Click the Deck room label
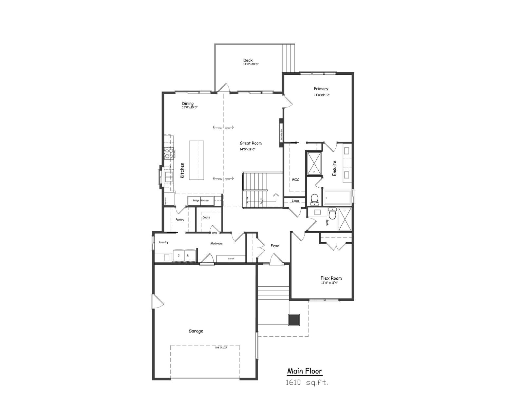248,60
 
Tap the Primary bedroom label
321,89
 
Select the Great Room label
251,143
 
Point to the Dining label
188,103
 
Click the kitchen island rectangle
196,160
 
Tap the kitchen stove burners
169,153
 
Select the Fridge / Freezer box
201,200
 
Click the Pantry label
180,220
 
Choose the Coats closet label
206,217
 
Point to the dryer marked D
178,255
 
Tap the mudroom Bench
231,259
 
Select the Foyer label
275,246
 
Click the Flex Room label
331,278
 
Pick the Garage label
196,331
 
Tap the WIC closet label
295,179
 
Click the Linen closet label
295,201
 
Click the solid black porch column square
294,319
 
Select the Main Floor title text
305,371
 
